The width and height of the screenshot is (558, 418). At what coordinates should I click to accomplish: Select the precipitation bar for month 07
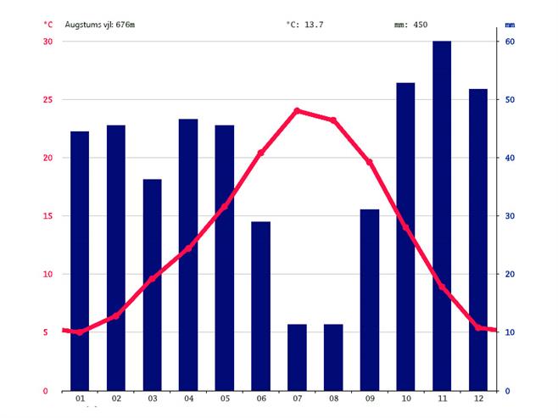297,357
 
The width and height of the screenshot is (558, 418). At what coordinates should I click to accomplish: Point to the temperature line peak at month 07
297,110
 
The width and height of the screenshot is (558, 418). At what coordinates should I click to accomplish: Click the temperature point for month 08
333,120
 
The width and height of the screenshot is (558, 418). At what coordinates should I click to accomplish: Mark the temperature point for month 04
188,248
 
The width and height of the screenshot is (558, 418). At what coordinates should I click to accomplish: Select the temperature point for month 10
405,228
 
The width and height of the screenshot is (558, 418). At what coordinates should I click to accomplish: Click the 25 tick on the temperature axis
47,100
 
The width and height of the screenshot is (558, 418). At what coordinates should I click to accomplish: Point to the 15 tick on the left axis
47,216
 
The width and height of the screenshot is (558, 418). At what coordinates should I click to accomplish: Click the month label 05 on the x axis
225,398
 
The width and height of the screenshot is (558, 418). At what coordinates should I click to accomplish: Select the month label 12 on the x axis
478,398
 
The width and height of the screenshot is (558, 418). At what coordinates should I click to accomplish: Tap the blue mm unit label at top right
510,25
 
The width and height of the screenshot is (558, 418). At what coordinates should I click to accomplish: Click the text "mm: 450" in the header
410,25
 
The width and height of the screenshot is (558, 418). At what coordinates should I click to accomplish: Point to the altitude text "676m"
125,25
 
